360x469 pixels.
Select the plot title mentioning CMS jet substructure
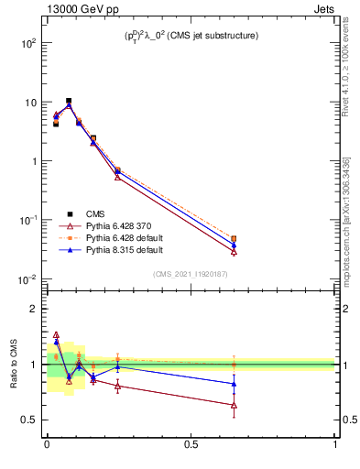(x=191, y=36)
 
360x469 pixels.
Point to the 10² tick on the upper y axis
(x=29, y=43)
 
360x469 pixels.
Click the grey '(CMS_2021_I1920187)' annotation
(x=191, y=273)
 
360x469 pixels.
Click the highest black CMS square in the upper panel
(x=69, y=101)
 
